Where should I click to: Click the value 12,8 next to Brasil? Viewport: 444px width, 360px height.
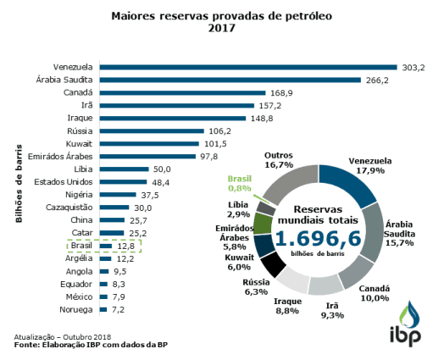click(x=125, y=246)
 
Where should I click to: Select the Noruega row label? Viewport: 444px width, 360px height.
click(x=76, y=311)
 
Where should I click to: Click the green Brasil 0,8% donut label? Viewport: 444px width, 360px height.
click(x=240, y=183)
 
